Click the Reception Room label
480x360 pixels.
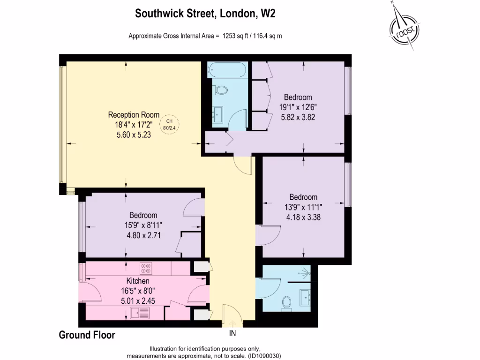pos(134,115)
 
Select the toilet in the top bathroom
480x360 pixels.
pos(221,89)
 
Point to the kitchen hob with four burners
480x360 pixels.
pos(146,269)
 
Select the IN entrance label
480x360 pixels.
pos(232,334)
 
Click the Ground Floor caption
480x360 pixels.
pos(87,335)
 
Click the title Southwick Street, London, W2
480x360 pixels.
pos(205,14)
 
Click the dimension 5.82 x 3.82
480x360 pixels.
pos(298,117)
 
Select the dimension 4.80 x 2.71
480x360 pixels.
pos(143,235)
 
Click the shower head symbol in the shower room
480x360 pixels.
pos(306,271)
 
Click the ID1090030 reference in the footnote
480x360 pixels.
pos(264,356)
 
